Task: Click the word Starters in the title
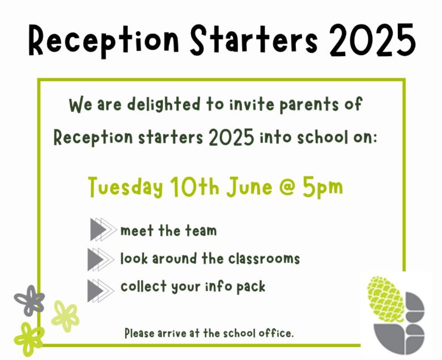pos(254,40)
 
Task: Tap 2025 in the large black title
pos(373,40)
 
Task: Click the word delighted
pos(164,105)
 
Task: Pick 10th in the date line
pos(194,187)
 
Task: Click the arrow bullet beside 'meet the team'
pos(103,230)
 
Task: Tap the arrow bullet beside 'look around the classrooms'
pos(101,259)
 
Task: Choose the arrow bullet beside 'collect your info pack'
pos(101,291)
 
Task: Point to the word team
pos(201,230)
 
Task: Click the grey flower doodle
pos(29,300)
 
